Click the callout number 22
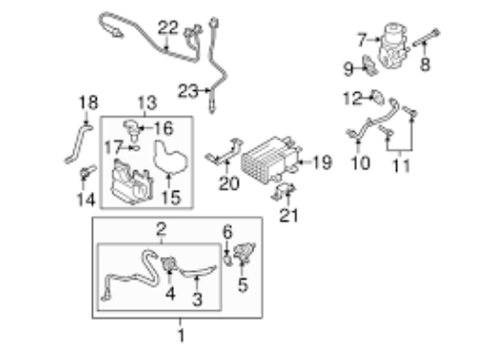pyautogui.click(x=168, y=27)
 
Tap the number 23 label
pyautogui.click(x=188, y=91)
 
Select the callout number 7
pyautogui.click(x=362, y=40)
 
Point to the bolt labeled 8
pyautogui.click(x=426, y=38)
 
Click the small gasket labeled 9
pyautogui.click(x=371, y=66)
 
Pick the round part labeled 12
pyautogui.click(x=378, y=98)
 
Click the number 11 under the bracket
pyautogui.click(x=401, y=165)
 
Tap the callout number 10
pyautogui.click(x=360, y=162)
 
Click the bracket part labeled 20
pyautogui.click(x=224, y=153)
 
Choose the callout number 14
pyautogui.click(x=86, y=200)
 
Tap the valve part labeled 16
pyautogui.click(x=132, y=128)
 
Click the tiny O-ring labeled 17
pyautogui.click(x=135, y=148)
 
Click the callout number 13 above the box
pyautogui.click(x=148, y=103)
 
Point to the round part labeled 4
pyautogui.click(x=169, y=263)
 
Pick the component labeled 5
pyautogui.click(x=244, y=251)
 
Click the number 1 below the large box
pyautogui.click(x=181, y=336)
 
